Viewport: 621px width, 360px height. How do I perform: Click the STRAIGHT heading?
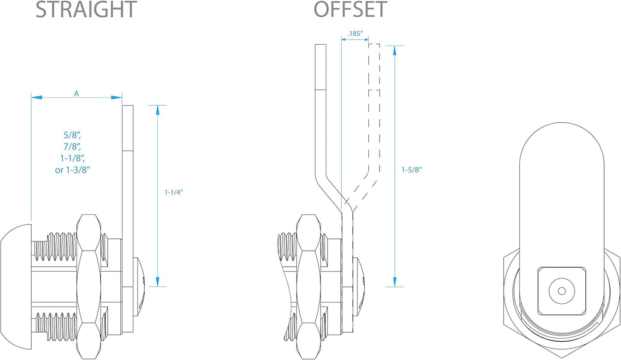tap(86, 9)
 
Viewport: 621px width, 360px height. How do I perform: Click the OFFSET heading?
tap(351, 9)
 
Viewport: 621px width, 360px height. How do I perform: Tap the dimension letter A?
tap(76, 93)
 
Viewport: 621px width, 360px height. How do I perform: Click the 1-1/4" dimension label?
tap(174, 193)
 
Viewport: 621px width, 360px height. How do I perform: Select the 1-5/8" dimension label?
tap(412, 170)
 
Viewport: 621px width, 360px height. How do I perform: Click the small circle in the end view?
tap(561, 291)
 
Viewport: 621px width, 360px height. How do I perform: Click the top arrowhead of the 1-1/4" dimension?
tap(158, 110)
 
